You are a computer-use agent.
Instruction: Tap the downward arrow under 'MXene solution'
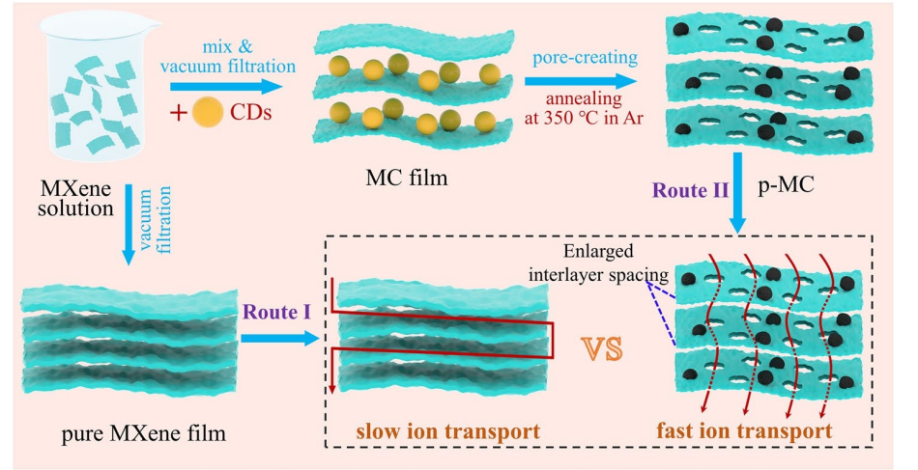(129, 232)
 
